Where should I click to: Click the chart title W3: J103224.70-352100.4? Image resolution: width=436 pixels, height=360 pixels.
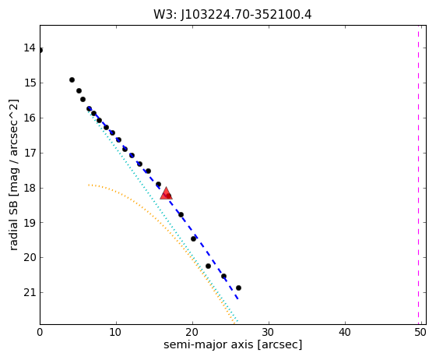232,15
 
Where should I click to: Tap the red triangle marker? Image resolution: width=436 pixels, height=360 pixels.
167,193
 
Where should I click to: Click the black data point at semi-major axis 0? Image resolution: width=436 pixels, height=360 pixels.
40,51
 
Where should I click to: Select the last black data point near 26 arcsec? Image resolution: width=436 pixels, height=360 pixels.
238,288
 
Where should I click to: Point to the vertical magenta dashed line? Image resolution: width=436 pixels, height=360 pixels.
418,175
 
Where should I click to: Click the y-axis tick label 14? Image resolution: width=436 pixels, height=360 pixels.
30,48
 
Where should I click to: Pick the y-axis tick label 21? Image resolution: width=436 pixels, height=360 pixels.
30,292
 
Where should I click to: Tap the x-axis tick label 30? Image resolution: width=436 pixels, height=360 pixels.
269,332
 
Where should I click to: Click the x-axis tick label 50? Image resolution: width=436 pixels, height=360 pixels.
421,332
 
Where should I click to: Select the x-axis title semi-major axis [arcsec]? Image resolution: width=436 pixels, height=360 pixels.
233,345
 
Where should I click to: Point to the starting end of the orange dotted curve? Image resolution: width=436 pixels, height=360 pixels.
89,185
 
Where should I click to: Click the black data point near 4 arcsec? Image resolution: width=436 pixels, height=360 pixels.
72,79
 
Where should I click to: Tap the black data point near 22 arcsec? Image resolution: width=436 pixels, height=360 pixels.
208,266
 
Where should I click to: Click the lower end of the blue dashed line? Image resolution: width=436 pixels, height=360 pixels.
237,298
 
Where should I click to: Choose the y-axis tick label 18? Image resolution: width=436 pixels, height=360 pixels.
30,188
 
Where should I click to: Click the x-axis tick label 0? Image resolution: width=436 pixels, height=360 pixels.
40,332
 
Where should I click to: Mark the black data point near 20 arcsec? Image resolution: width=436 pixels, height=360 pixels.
194,238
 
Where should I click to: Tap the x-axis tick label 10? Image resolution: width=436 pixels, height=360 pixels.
116,332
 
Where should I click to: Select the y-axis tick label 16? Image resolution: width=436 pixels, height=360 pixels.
30,118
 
